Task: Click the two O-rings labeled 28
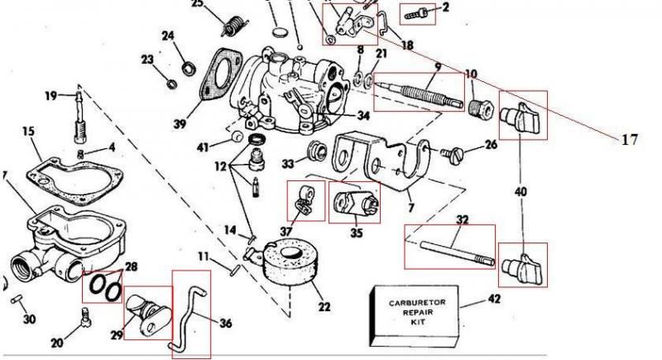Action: point(104,286)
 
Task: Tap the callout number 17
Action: point(630,141)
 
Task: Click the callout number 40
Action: point(520,192)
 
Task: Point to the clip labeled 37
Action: point(304,199)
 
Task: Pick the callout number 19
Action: point(50,97)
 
